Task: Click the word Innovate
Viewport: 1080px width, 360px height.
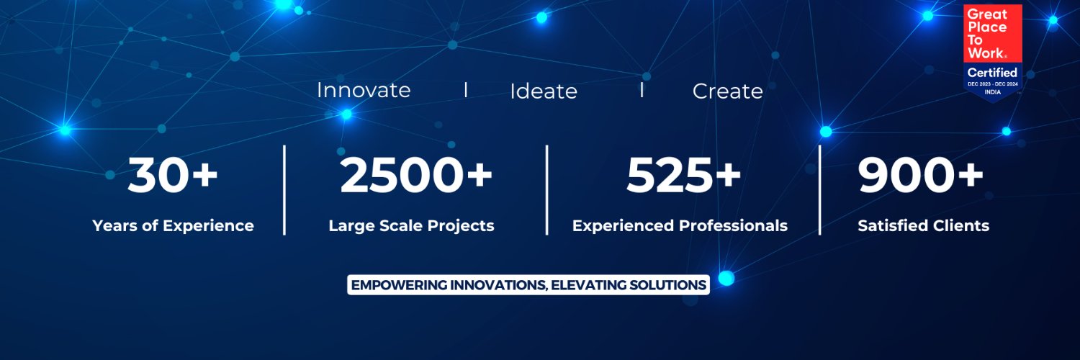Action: (x=364, y=90)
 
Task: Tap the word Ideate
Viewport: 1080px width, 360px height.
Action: (x=544, y=91)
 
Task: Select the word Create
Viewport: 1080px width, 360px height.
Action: (x=727, y=91)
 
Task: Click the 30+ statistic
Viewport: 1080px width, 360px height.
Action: (x=173, y=176)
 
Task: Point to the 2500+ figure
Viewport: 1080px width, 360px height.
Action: (x=416, y=176)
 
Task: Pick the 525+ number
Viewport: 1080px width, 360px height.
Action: (x=683, y=176)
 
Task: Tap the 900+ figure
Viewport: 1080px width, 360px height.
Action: (x=921, y=176)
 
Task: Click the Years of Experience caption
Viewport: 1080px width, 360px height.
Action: (x=173, y=225)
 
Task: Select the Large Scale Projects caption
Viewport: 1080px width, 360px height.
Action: (x=411, y=225)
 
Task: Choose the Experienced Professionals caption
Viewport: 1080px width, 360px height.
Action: (x=680, y=225)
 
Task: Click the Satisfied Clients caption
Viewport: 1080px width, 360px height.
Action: (x=923, y=225)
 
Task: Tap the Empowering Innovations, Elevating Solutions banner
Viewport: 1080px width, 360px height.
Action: (x=528, y=284)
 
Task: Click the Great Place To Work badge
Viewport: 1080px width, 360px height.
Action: (x=993, y=50)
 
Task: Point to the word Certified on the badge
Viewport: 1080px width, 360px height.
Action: (x=992, y=73)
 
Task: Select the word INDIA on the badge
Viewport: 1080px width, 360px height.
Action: (x=992, y=92)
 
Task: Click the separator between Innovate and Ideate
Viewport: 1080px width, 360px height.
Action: (x=466, y=90)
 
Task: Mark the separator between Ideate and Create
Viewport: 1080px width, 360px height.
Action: (x=641, y=91)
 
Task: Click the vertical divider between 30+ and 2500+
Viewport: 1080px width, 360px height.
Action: (x=284, y=189)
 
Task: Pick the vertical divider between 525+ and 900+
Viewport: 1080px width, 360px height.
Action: (x=819, y=189)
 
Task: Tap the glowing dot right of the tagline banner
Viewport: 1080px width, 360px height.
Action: (x=726, y=278)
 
